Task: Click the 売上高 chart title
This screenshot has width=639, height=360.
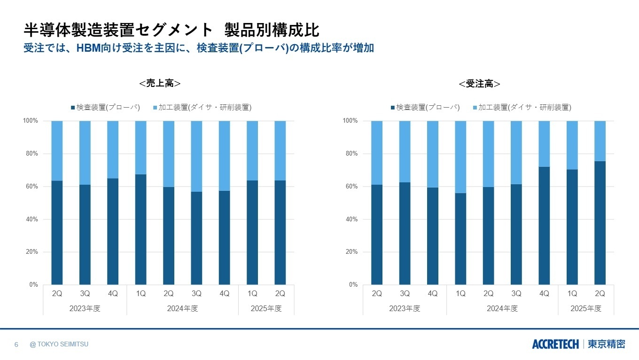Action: [x=160, y=83]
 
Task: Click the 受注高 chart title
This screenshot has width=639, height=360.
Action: [x=479, y=84]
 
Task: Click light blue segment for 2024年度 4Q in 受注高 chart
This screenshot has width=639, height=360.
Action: [x=544, y=144]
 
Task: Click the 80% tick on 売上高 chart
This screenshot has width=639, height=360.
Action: [x=31, y=154]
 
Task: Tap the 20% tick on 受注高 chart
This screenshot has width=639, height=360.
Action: [x=351, y=252]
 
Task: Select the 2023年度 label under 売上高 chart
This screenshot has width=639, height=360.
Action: [x=85, y=309]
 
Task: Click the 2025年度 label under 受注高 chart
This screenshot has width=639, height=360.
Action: [x=585, y=309]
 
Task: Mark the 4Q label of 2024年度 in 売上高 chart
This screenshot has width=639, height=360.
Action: [x=224, y=294]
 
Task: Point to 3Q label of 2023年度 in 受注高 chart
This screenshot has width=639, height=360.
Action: [x=405, y=294]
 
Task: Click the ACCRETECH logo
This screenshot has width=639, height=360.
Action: [x=555, y=344]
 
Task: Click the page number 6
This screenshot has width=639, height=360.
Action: [x=16, y=344]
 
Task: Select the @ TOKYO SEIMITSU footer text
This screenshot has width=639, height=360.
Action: [x=59, y=344]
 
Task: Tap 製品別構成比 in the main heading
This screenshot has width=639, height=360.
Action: [x=272, y=30]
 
